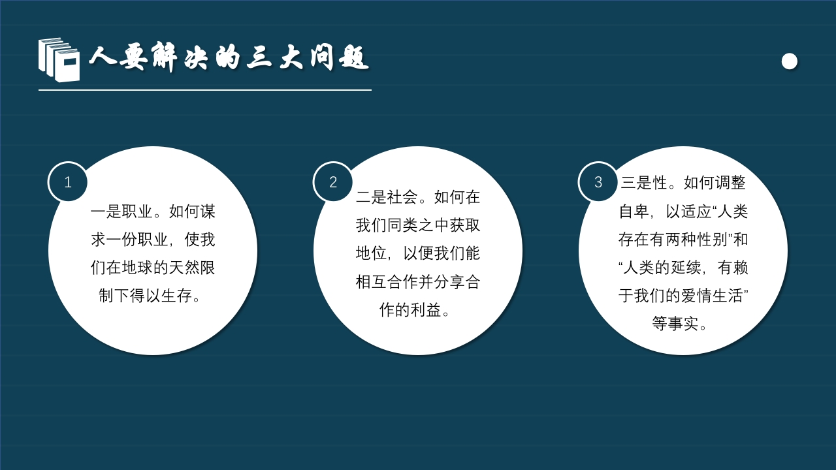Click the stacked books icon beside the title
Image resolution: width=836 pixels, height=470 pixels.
(59, 59)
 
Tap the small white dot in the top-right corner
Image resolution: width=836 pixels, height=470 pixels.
(789, 61)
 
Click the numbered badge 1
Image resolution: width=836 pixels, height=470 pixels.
(68, 182)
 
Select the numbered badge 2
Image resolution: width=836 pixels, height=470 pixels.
(333, 182)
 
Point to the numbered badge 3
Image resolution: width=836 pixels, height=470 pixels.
(598, 182)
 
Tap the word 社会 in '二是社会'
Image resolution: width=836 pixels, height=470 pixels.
(402, 196)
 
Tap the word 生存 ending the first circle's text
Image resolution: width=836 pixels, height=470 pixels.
(176, 296)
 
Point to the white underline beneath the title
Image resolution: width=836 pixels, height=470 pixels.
(204, 90)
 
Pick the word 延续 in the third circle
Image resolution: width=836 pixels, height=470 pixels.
(681, 268)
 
